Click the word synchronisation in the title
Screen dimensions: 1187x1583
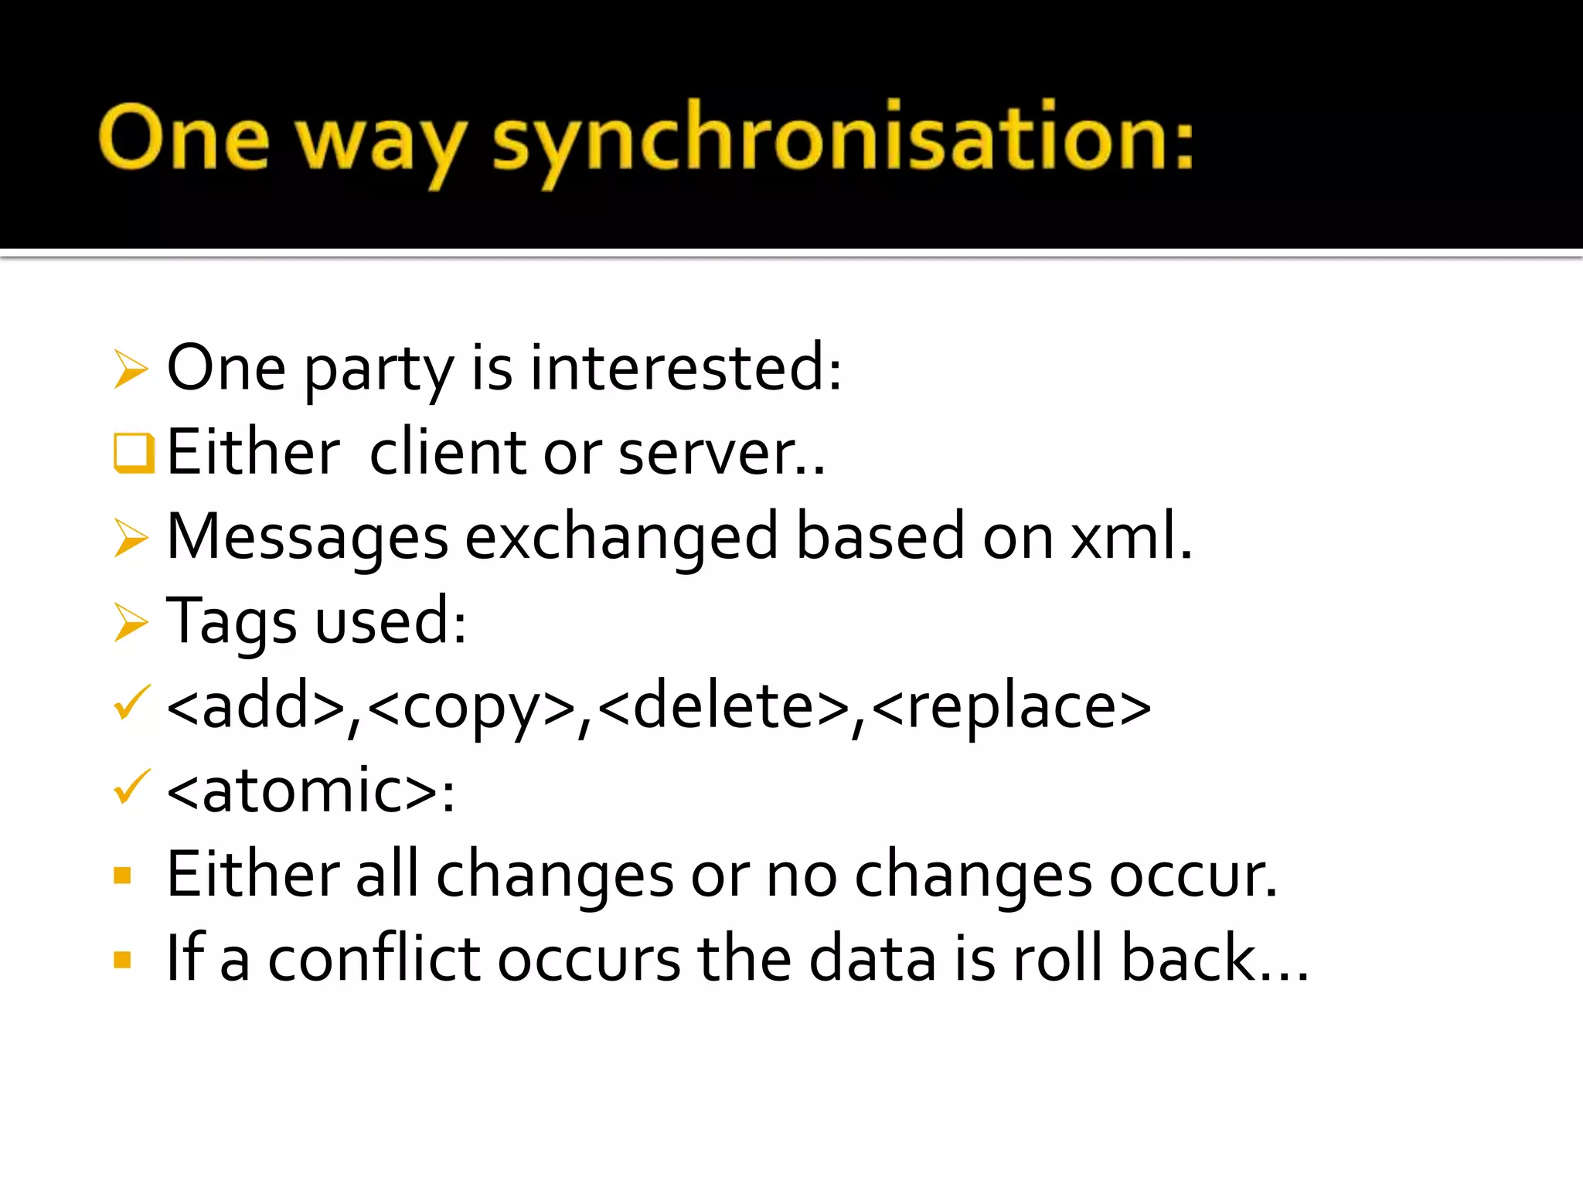click(x=843, y=139)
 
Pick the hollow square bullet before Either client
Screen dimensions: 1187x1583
click(x=133, y=453)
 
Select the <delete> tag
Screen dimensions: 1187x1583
click(x=724, y=706)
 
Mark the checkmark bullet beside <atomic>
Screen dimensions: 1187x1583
click(x=130, y=788)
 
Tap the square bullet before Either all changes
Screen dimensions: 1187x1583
click(x=122, y=876)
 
